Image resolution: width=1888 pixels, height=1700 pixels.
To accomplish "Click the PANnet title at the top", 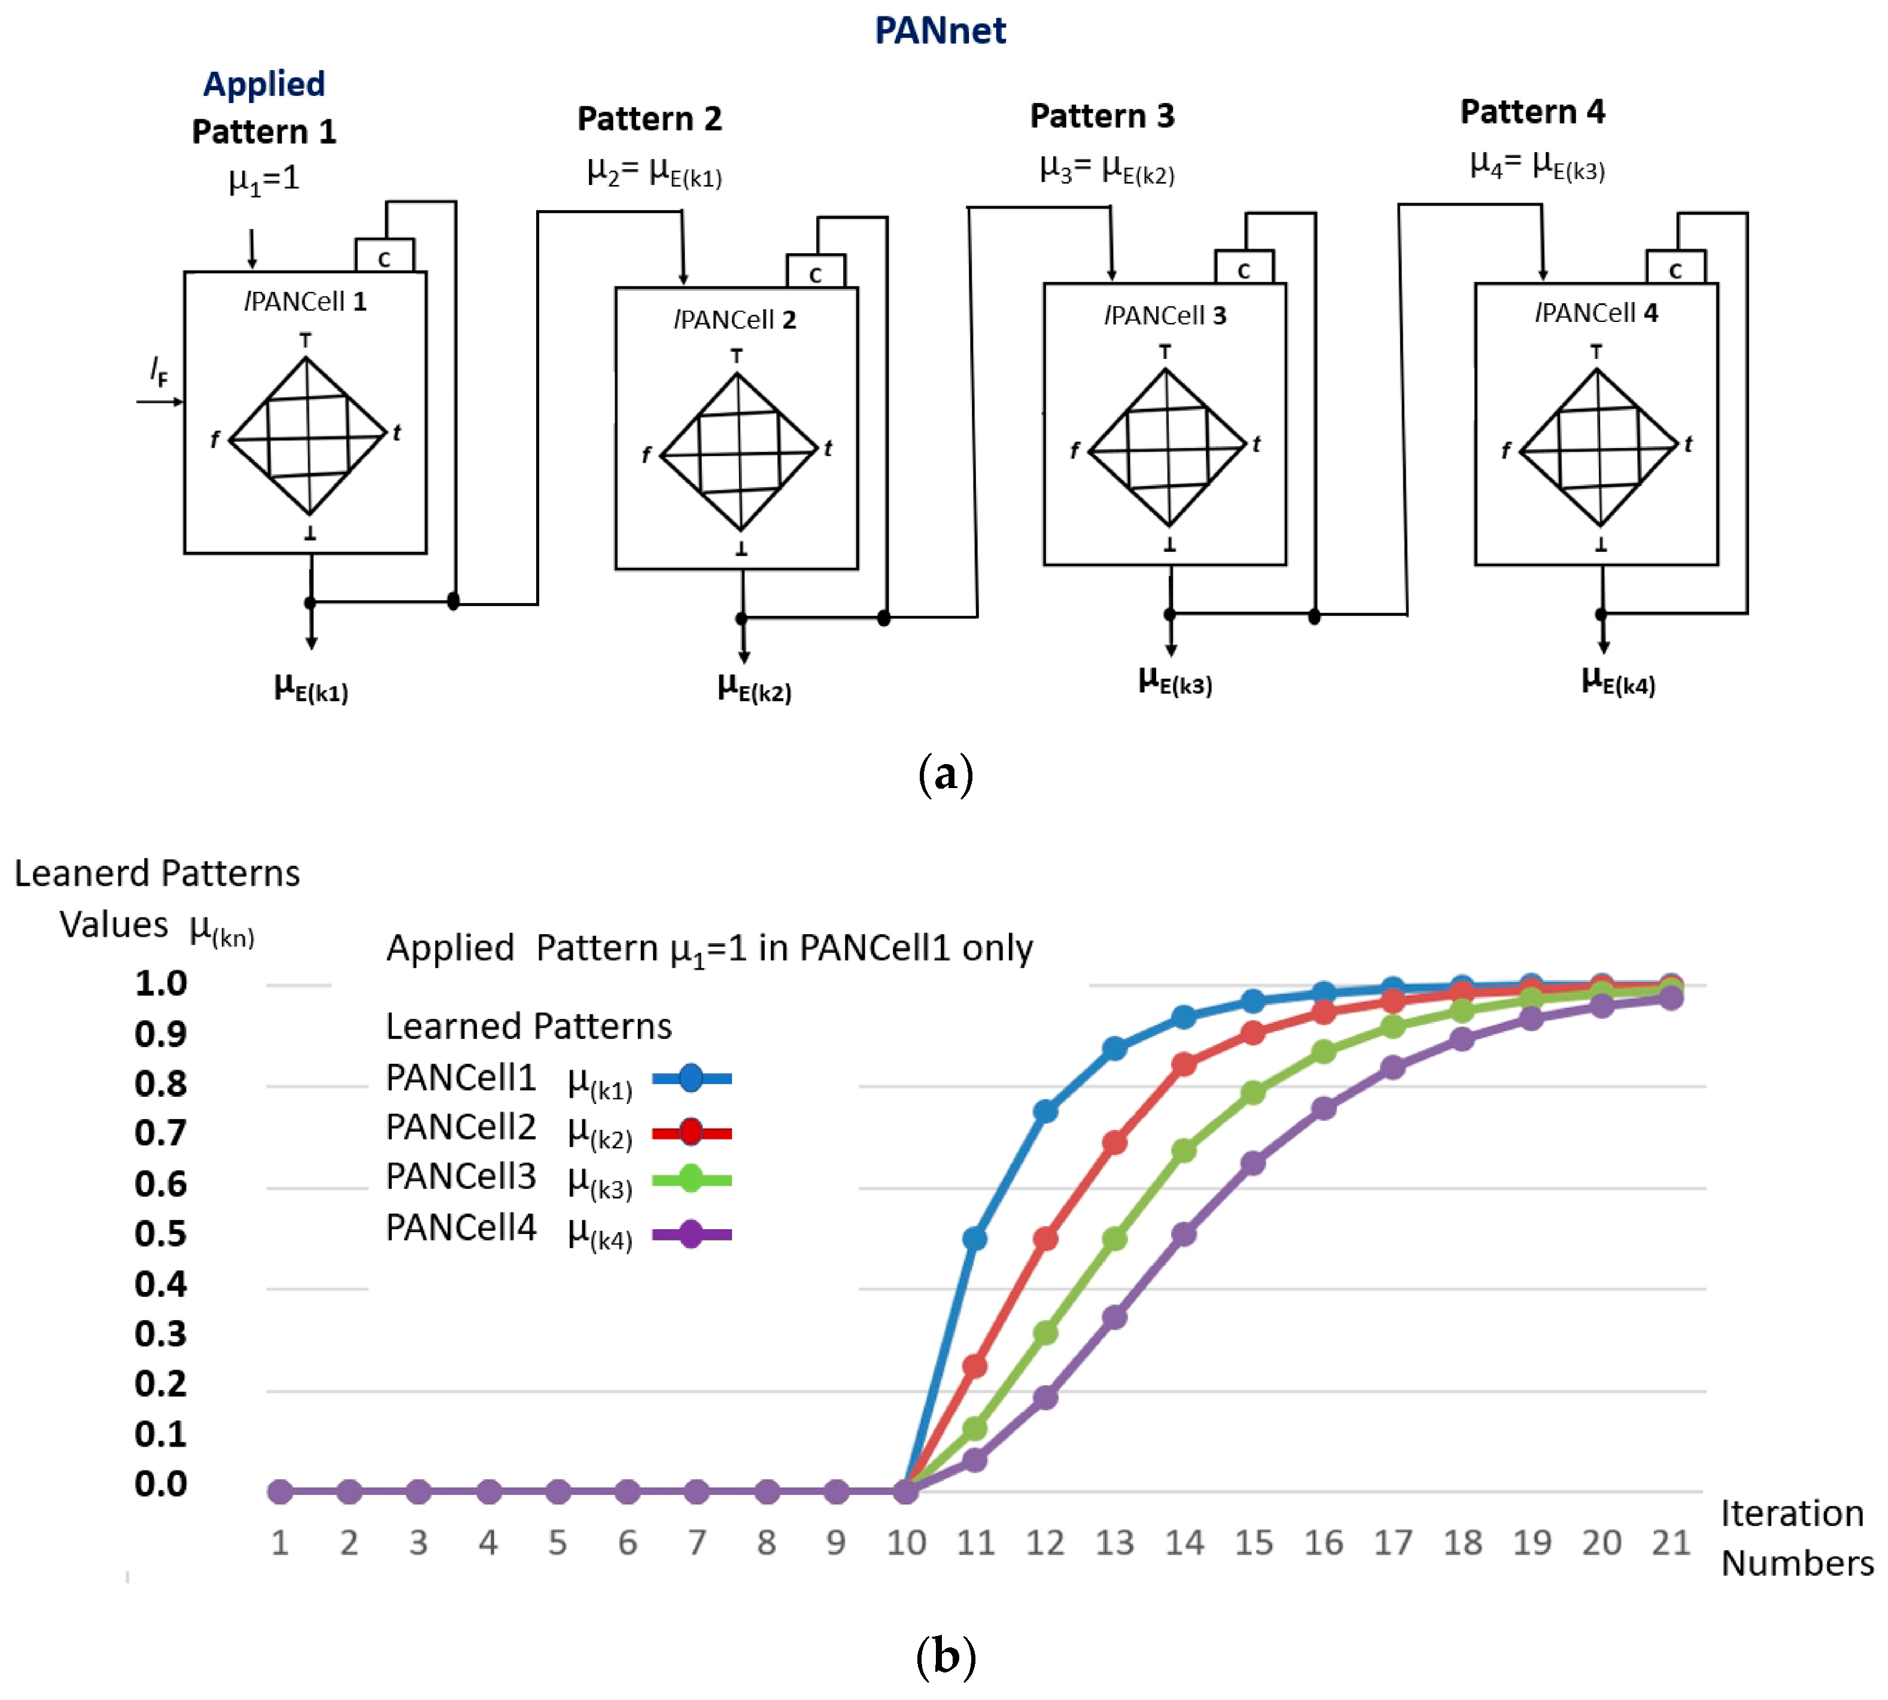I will pos(940,31).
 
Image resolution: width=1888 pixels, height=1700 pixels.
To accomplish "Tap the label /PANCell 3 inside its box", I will pos(1165,316).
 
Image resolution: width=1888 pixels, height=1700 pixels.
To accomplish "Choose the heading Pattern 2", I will pos(649,118).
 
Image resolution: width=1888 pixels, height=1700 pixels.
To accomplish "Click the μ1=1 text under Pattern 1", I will pos(264,178).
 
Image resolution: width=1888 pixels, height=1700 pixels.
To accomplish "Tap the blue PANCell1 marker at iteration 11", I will pos(974,1239).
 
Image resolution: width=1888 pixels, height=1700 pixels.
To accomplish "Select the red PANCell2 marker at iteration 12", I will pos(1045,1239).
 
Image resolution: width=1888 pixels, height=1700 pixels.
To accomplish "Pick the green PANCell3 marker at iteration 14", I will pos(1184,1151).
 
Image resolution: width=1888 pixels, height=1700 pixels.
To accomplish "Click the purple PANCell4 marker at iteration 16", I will pos(1323,1109).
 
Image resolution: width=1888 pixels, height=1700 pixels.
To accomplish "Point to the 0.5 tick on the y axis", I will pos(161,1234).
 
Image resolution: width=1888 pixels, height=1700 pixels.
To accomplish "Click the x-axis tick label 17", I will pos(1392,1542).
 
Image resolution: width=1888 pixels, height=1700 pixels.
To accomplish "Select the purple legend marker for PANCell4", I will pos(691,1234).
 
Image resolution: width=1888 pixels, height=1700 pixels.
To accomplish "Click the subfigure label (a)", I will pos(945,774).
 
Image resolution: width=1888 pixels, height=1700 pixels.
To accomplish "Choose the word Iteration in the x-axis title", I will pos(1792,1512).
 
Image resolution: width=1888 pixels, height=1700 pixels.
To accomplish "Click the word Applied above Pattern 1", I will pos(264,84).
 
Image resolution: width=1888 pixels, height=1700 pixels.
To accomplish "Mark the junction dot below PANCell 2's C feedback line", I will pos(884,618).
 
